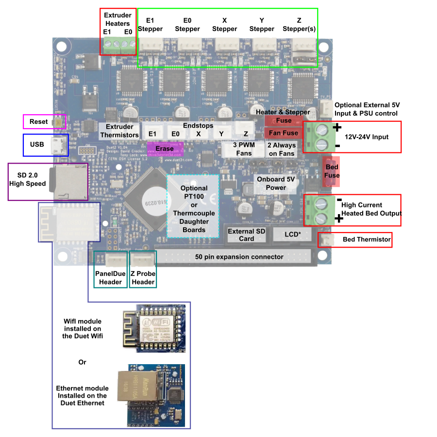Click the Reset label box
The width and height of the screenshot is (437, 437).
39,121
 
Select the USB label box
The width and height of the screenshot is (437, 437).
37,144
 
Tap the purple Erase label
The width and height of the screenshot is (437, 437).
165,149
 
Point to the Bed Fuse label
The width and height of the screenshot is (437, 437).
332,171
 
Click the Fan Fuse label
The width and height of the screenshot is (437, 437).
284,133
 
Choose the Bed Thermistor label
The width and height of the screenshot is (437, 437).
366,239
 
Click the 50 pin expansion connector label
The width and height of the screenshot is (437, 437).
239,257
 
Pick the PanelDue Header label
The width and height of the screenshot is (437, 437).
110,278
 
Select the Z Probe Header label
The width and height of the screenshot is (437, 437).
143,278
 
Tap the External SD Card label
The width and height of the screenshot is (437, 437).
247,235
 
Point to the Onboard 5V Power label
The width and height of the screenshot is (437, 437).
276,183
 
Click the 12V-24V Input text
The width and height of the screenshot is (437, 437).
367,137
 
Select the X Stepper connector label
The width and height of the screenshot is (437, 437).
224,25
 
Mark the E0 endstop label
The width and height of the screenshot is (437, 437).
175,134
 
